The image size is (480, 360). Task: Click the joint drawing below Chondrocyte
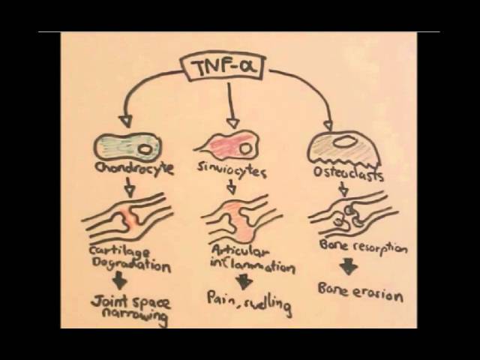pos(127,218)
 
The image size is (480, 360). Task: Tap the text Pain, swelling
pos(247,302)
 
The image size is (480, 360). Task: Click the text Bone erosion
pos(360,292)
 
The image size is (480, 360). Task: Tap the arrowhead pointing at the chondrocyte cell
pos(124,120)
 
